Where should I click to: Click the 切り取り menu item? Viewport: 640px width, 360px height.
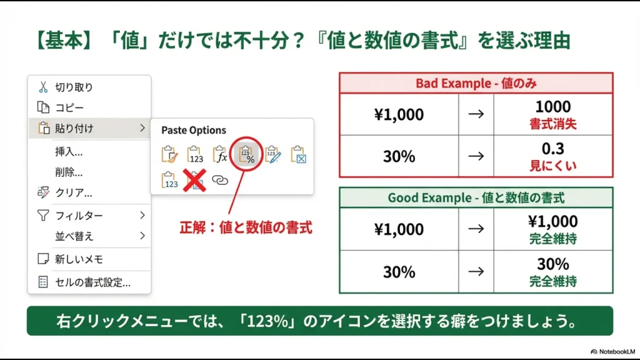(74, 87)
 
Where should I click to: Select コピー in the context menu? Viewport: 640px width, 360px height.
(69, 108)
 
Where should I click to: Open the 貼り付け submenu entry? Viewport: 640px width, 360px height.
(74, 129)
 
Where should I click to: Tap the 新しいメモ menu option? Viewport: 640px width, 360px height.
(79, 259)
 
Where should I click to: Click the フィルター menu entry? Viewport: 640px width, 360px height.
(79, 216)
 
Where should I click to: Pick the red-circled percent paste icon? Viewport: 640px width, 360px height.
(248, 154)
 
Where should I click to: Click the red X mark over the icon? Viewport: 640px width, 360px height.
(195, 180)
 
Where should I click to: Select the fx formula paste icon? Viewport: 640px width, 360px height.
(219, 154)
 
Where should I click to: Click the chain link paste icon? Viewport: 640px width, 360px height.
(220, 180)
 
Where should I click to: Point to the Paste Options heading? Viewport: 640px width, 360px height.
(194, 130)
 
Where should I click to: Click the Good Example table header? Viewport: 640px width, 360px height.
(476, 197)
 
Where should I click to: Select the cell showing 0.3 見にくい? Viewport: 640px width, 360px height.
(552, 156)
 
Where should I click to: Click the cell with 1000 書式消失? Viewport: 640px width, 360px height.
(552, 114)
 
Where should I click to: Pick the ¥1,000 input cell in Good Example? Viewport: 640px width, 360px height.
(399, 229)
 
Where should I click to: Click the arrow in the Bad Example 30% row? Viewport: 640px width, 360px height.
(476, 156)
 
